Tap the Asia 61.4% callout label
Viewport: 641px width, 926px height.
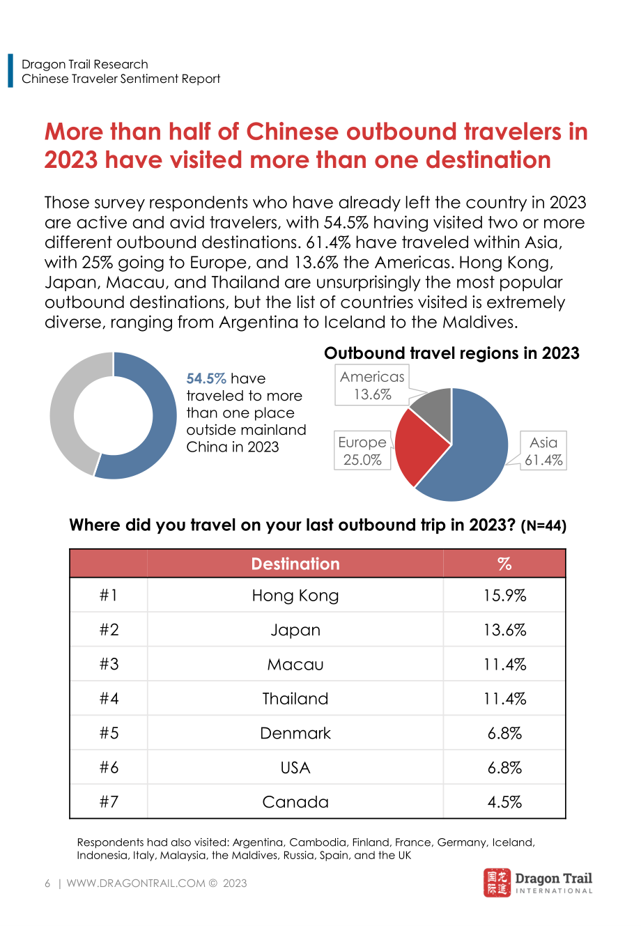pos(543,451)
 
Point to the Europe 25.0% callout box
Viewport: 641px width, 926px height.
pos(362,451)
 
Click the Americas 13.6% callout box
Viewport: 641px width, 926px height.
pos(372,385)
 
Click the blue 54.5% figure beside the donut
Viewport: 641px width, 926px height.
pos(206,378)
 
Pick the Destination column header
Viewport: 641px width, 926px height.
pos(295,564)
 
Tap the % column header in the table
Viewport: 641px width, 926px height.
pos(504,564)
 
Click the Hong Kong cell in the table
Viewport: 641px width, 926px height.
pos(295,596)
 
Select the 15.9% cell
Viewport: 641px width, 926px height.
pos(504,596)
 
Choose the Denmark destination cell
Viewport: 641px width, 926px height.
pos(295,734)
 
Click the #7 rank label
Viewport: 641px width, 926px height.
pos(109,802)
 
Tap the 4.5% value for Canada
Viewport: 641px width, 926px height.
pos(504,802)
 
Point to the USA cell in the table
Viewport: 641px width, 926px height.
pos(295,768)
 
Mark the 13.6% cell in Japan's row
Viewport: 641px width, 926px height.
pos(504,630)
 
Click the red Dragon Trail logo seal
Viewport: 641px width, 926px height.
pos(497,883)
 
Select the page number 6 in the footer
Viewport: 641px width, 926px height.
pos(47,883)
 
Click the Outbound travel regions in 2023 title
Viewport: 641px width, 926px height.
pos(451,353)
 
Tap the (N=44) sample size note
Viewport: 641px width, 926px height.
pos(543,526)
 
